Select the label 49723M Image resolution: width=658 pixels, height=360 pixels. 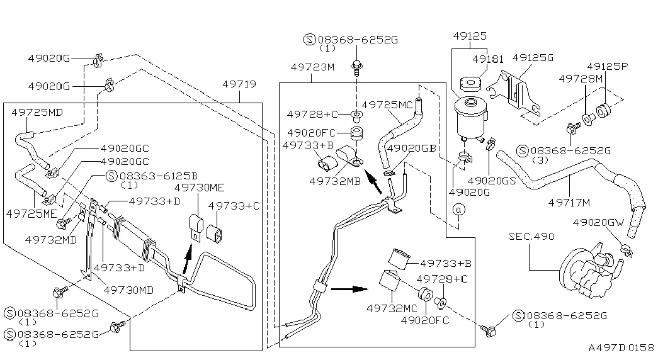(312, 67)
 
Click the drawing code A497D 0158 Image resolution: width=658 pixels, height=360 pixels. (621, 347)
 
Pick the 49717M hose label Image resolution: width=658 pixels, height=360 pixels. (569, 202)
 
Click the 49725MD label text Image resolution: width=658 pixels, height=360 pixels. (37, 112)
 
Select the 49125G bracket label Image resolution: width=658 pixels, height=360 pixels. (532, 57)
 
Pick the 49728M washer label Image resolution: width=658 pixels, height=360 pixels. (581, 78)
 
